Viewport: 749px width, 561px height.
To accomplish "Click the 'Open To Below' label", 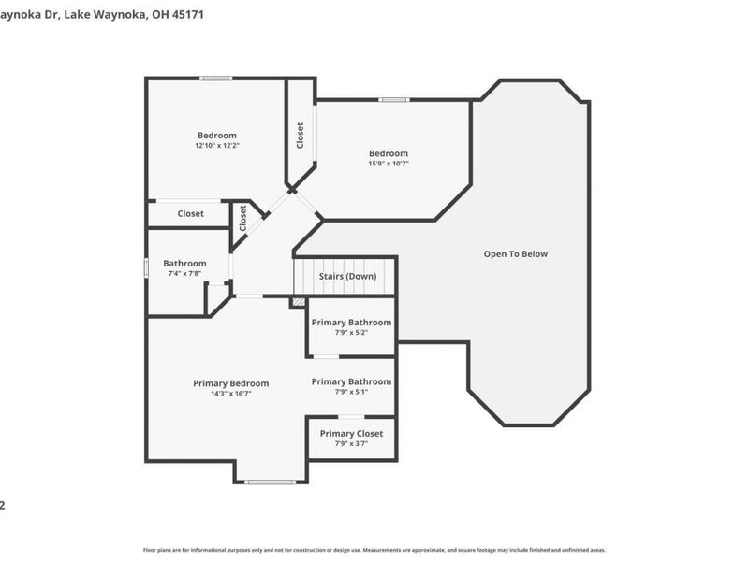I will pyautogui.click(x=515, y=254).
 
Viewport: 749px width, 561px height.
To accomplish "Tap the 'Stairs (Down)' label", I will pyautogui.click(x=347, y=277).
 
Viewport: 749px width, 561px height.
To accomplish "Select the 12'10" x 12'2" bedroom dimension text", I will pyautogui.click(x=216, y=147).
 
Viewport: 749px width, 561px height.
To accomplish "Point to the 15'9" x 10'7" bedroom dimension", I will pyautogui.click(x=388, y=164).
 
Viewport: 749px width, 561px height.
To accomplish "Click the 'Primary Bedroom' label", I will pyautogui.click(x=230, y=383).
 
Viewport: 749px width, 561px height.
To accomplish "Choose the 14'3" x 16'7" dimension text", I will pyautogui.click(x=230, y=395).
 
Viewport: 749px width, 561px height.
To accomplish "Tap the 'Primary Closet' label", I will pyautogui.click(x=351, y=434).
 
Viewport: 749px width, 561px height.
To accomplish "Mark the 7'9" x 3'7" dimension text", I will pyautogui.click(x=351, y=444).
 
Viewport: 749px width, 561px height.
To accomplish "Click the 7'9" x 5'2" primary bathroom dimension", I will pyautogui.click(x=351, y=333).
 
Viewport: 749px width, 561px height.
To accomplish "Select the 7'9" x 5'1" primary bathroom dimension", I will pyautogui.click(x=351, y=392).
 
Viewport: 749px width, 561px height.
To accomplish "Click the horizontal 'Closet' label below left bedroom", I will pyautogui.click(x=190, y=214).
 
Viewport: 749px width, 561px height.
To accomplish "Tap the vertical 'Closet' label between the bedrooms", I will pyautogui.click(x=301, y=136).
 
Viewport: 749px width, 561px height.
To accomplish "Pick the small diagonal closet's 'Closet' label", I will pyautogui.click(x=243, y=219).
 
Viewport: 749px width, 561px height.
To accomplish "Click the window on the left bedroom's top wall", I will pyautogui.click(x=216, y=78).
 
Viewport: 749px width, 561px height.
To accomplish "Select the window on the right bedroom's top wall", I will pyautogui.click(x=393, y=99).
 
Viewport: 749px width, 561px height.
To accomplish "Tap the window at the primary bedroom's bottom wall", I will pyautogui.click(x=271, y=482).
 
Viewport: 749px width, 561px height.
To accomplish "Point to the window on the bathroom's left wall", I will pyautogui.click(x=146, y=267).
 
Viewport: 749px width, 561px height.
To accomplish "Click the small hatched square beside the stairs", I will pyautogui.click(x=298, y=302).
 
